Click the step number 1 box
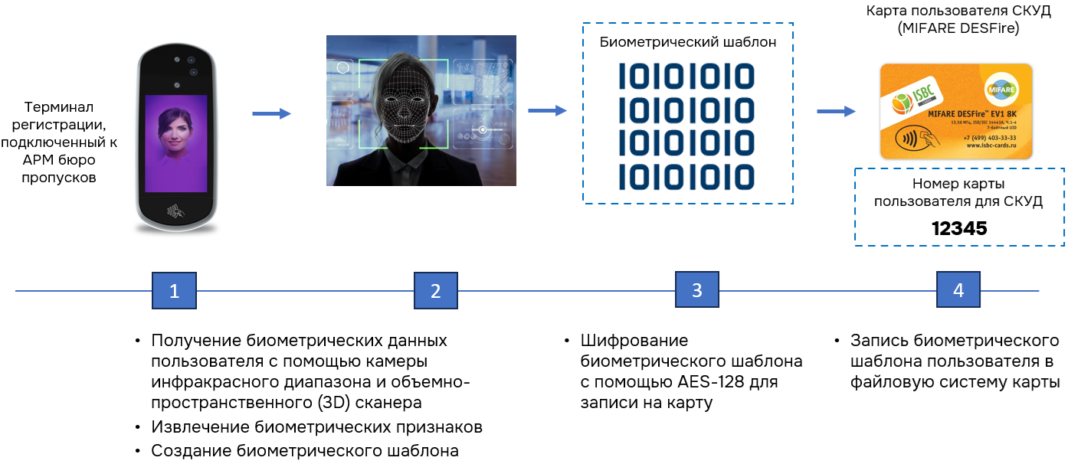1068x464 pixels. tap(174, 291)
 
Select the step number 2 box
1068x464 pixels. tap(435, 291)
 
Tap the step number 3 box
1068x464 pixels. tap(696, 291)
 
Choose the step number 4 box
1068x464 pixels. tap(958, 291)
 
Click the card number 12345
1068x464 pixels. tap(959, 228)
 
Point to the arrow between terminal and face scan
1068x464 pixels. tap(271, 114)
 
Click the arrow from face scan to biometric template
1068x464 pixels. tap(547, 111)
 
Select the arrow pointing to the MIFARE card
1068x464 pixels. tap(836, 112)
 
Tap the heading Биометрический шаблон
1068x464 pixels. tap(687, 43)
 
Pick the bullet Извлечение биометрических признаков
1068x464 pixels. tap(316, 426)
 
